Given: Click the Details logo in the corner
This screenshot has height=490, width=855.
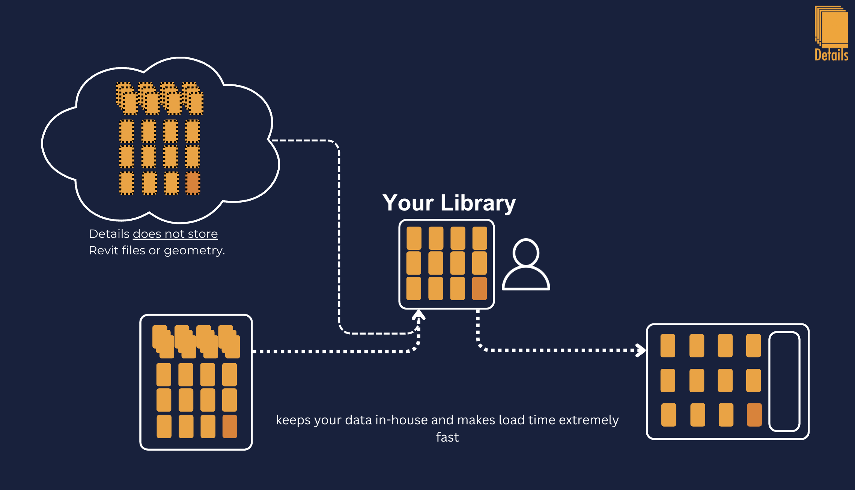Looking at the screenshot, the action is [x=831, y=33].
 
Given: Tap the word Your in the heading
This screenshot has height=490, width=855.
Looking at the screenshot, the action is [x=408, y=203].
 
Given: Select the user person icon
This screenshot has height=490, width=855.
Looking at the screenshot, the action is [x=526, y=264].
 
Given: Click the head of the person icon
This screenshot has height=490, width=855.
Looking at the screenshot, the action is [x=526, y=253].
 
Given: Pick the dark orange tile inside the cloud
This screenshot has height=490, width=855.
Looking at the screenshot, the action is [x=193, y=183].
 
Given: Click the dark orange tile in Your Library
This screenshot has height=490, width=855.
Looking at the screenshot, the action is [x=479, y=289].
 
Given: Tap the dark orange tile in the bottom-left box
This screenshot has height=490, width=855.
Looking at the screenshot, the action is [x=230, y=427].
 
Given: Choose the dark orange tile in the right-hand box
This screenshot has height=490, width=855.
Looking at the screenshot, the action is [x=754, y=415].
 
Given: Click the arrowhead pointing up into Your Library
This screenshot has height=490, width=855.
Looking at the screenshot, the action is [x=418, y=314].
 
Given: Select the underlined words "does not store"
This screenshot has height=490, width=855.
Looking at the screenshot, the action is [x=175, y=234].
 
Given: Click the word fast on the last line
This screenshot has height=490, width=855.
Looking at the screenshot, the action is [x=447, y=437].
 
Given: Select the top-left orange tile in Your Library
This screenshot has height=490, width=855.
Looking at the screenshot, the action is [x=414, y=238].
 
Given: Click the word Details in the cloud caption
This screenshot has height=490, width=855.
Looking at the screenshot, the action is [x=109, y=234].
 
